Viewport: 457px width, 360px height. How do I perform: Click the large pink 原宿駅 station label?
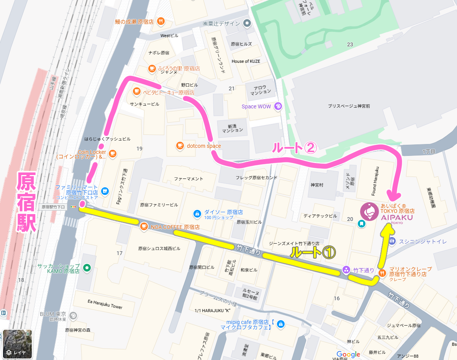[x=26, y=202]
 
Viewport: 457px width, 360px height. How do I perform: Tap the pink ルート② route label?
[x=294, y=148]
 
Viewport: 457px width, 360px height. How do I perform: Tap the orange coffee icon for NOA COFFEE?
[x=144, y=226]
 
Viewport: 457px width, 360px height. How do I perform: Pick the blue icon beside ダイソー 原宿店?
[x=197, y=213]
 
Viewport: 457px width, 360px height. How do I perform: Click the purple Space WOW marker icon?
[x=278, y=106]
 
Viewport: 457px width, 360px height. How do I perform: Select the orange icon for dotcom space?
[x=180, y=146]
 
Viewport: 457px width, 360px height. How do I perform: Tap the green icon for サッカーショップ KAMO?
[x=87, y=268]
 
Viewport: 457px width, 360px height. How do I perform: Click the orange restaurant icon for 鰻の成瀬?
[x=161, y=21]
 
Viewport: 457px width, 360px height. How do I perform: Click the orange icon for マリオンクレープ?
[x=382, y=273]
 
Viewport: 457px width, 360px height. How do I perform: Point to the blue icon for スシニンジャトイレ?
[x=392, y=241]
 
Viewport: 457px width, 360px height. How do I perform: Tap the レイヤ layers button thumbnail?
[x=18, y=344]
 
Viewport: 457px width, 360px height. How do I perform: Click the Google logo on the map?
[x=348, y=354]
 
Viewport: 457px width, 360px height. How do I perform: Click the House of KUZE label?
[x=246, y=61]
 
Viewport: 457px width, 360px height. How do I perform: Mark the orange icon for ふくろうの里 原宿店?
[x=152, y=69]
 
